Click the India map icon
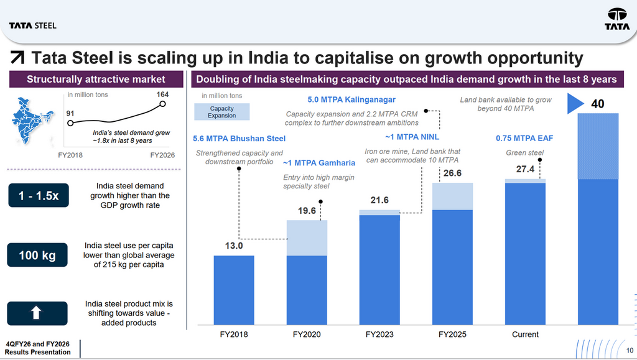(x=32, y=121)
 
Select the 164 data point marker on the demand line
(x=162, y=104)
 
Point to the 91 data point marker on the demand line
(x=70, y=123)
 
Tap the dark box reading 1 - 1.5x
(x=39, y=195)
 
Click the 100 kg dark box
(x=37, y=255)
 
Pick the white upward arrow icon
(x=36, y=313)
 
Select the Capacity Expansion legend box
(x=222, y=112)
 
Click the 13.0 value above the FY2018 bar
(x=234, y=246)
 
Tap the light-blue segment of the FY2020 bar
(x=307, y=238)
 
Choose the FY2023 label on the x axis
(x=379, y=335)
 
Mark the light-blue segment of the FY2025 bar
(x=452, y=196)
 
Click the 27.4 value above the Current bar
(x=525, y=169)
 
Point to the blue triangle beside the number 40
(x=575, y=103)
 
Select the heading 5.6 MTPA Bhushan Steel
(x=239, y=139)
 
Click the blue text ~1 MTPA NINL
(x=412, y=137)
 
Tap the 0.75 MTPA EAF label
(x=524, y=138)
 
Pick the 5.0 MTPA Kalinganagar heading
(x=351, y=99)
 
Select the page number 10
(x=630, y=350)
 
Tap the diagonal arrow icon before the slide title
(x=17, y=58)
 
